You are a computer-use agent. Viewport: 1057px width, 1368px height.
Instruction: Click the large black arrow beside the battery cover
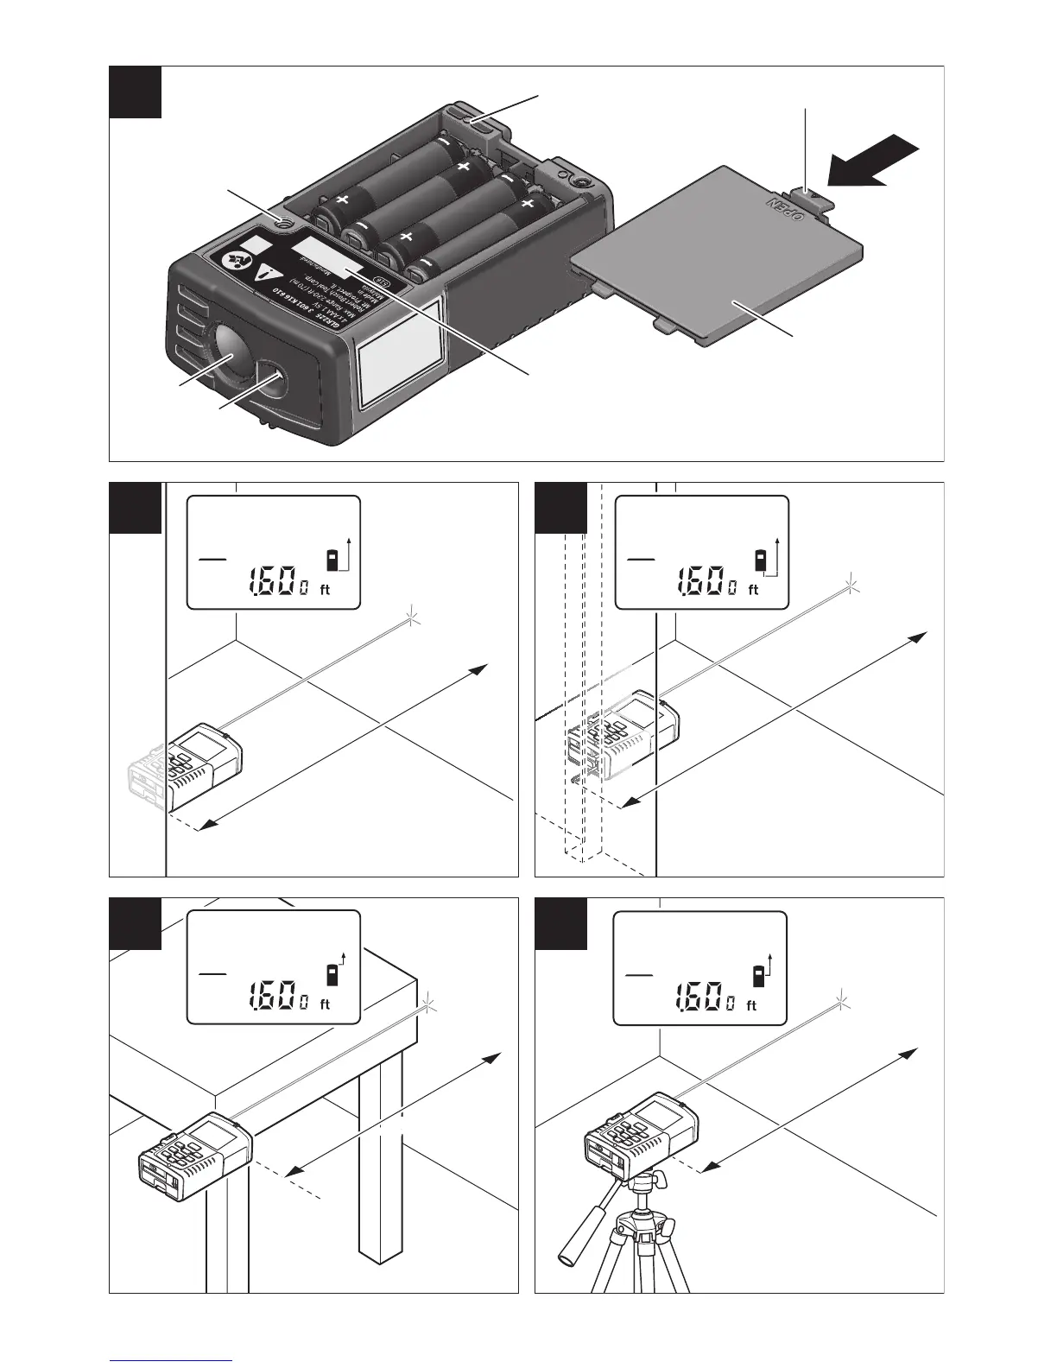874,161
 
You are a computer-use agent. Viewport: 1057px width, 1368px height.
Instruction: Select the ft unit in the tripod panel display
750,1005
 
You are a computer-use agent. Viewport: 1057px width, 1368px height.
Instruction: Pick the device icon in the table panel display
329,977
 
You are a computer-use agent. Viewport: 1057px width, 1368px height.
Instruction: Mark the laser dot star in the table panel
429,1005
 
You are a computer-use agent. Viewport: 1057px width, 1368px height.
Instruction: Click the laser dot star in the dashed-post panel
853,584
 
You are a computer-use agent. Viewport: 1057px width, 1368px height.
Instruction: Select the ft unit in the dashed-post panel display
753,590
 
